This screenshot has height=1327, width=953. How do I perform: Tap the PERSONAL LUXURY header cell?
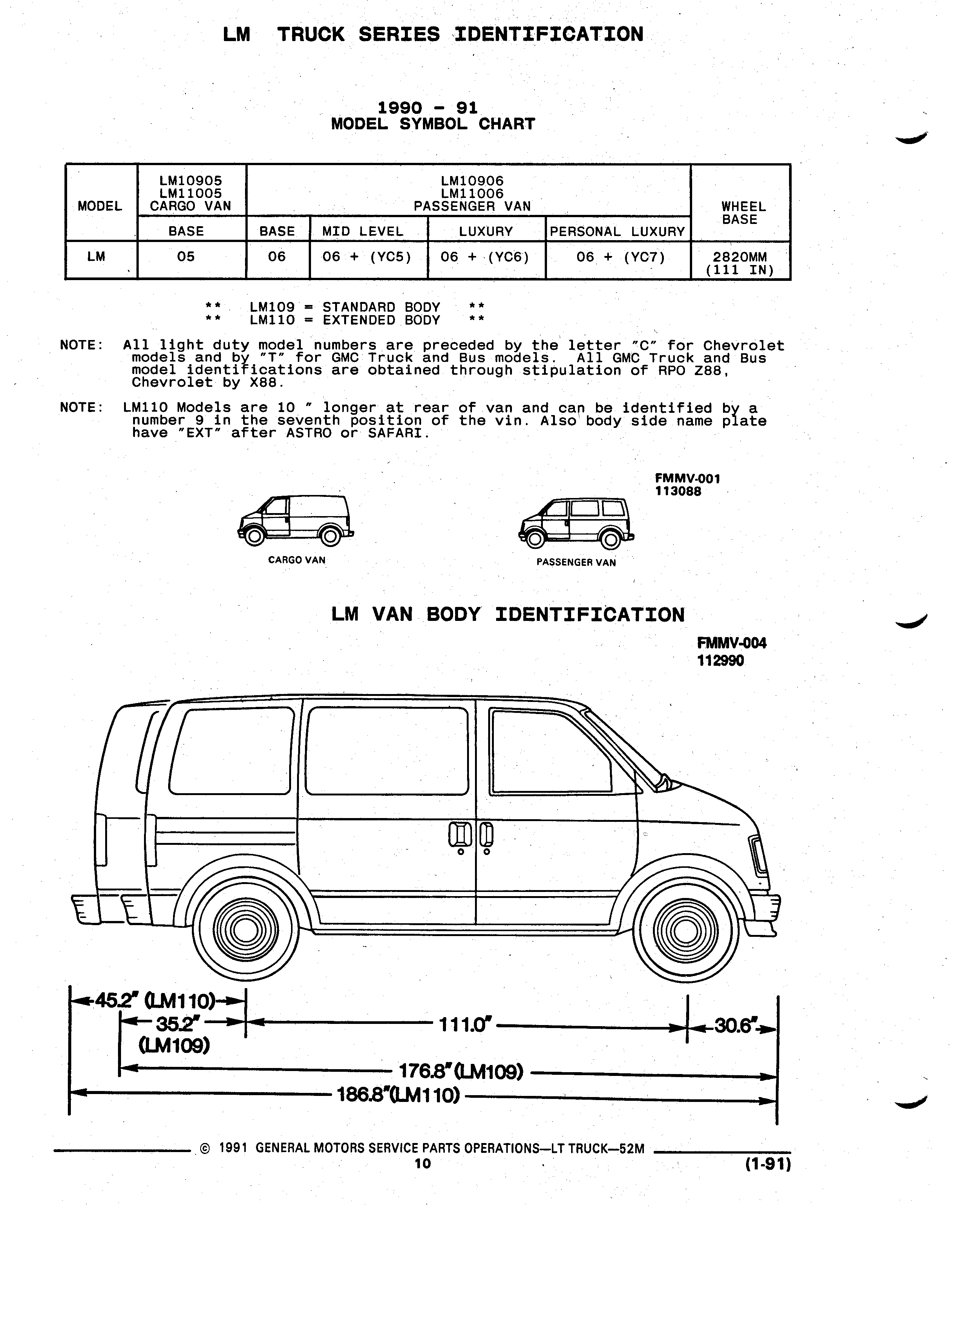pos(618,231)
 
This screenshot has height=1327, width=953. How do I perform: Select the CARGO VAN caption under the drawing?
pos(297,560)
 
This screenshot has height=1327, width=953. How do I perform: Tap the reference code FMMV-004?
pos(732,643)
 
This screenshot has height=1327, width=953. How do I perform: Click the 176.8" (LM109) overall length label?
pos(460,1072)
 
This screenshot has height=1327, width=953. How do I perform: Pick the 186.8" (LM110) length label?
pos(398,1095)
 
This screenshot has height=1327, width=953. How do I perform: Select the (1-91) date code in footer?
pos(768,1165)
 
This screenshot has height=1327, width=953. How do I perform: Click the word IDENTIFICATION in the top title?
pos(549,35)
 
